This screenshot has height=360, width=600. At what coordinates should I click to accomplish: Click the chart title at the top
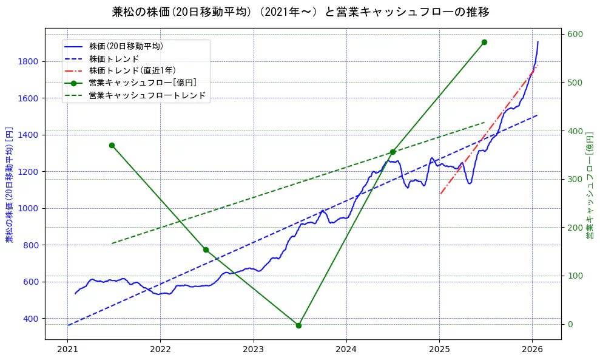point(300,12)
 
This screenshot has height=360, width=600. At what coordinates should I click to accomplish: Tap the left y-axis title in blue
point(9,183)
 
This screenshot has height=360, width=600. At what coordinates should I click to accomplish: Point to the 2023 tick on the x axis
point(253,350)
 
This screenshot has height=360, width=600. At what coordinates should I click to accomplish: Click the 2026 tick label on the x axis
point(532,350)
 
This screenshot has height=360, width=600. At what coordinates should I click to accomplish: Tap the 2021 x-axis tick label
point(67,350)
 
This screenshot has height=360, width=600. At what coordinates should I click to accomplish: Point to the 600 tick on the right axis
point(574,34)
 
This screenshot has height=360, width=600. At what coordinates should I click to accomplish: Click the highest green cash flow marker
point(484,42)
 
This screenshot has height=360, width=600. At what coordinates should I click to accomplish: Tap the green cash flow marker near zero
point(298,325)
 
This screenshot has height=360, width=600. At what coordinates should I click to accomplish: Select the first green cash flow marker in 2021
point(112,145)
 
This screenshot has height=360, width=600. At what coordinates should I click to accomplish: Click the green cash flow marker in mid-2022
point(206,250)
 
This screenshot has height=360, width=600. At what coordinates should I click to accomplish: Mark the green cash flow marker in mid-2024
point(393,152)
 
